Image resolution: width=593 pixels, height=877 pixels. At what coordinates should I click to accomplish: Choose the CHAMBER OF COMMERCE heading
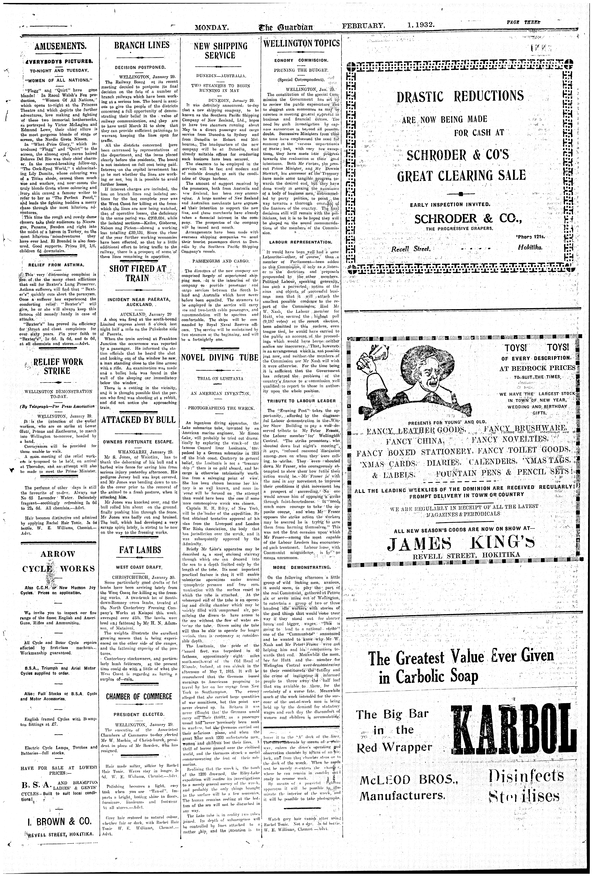point(139,696)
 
